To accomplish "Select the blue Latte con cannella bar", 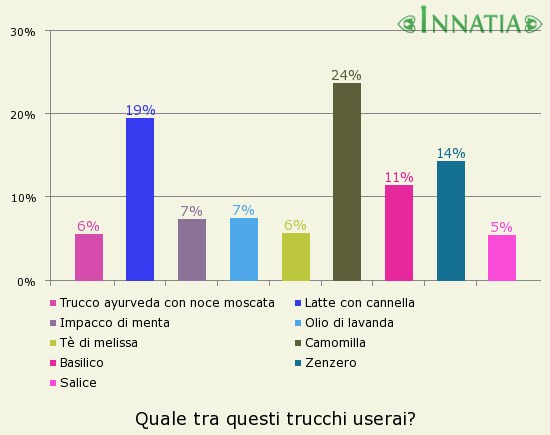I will tap(140, 199).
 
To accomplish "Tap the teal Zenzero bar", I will tap(451, 221).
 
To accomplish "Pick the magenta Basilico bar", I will tap(399, 233).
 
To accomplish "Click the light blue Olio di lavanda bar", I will tap(244, 249).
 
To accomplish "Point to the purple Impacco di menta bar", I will tap(192, 250).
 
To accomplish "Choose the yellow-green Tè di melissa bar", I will tap(296, 257).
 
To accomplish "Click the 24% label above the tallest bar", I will tap(347, 75).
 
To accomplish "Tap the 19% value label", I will tap(140, 110).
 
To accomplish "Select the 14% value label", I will tap(451, 153).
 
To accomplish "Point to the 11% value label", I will tap(399, 177).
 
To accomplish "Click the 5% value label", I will tap(502, 227).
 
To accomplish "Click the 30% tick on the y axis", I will tap(23, 31).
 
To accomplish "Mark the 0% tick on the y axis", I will tap(26, 281).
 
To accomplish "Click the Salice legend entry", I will tap(78, 382).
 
